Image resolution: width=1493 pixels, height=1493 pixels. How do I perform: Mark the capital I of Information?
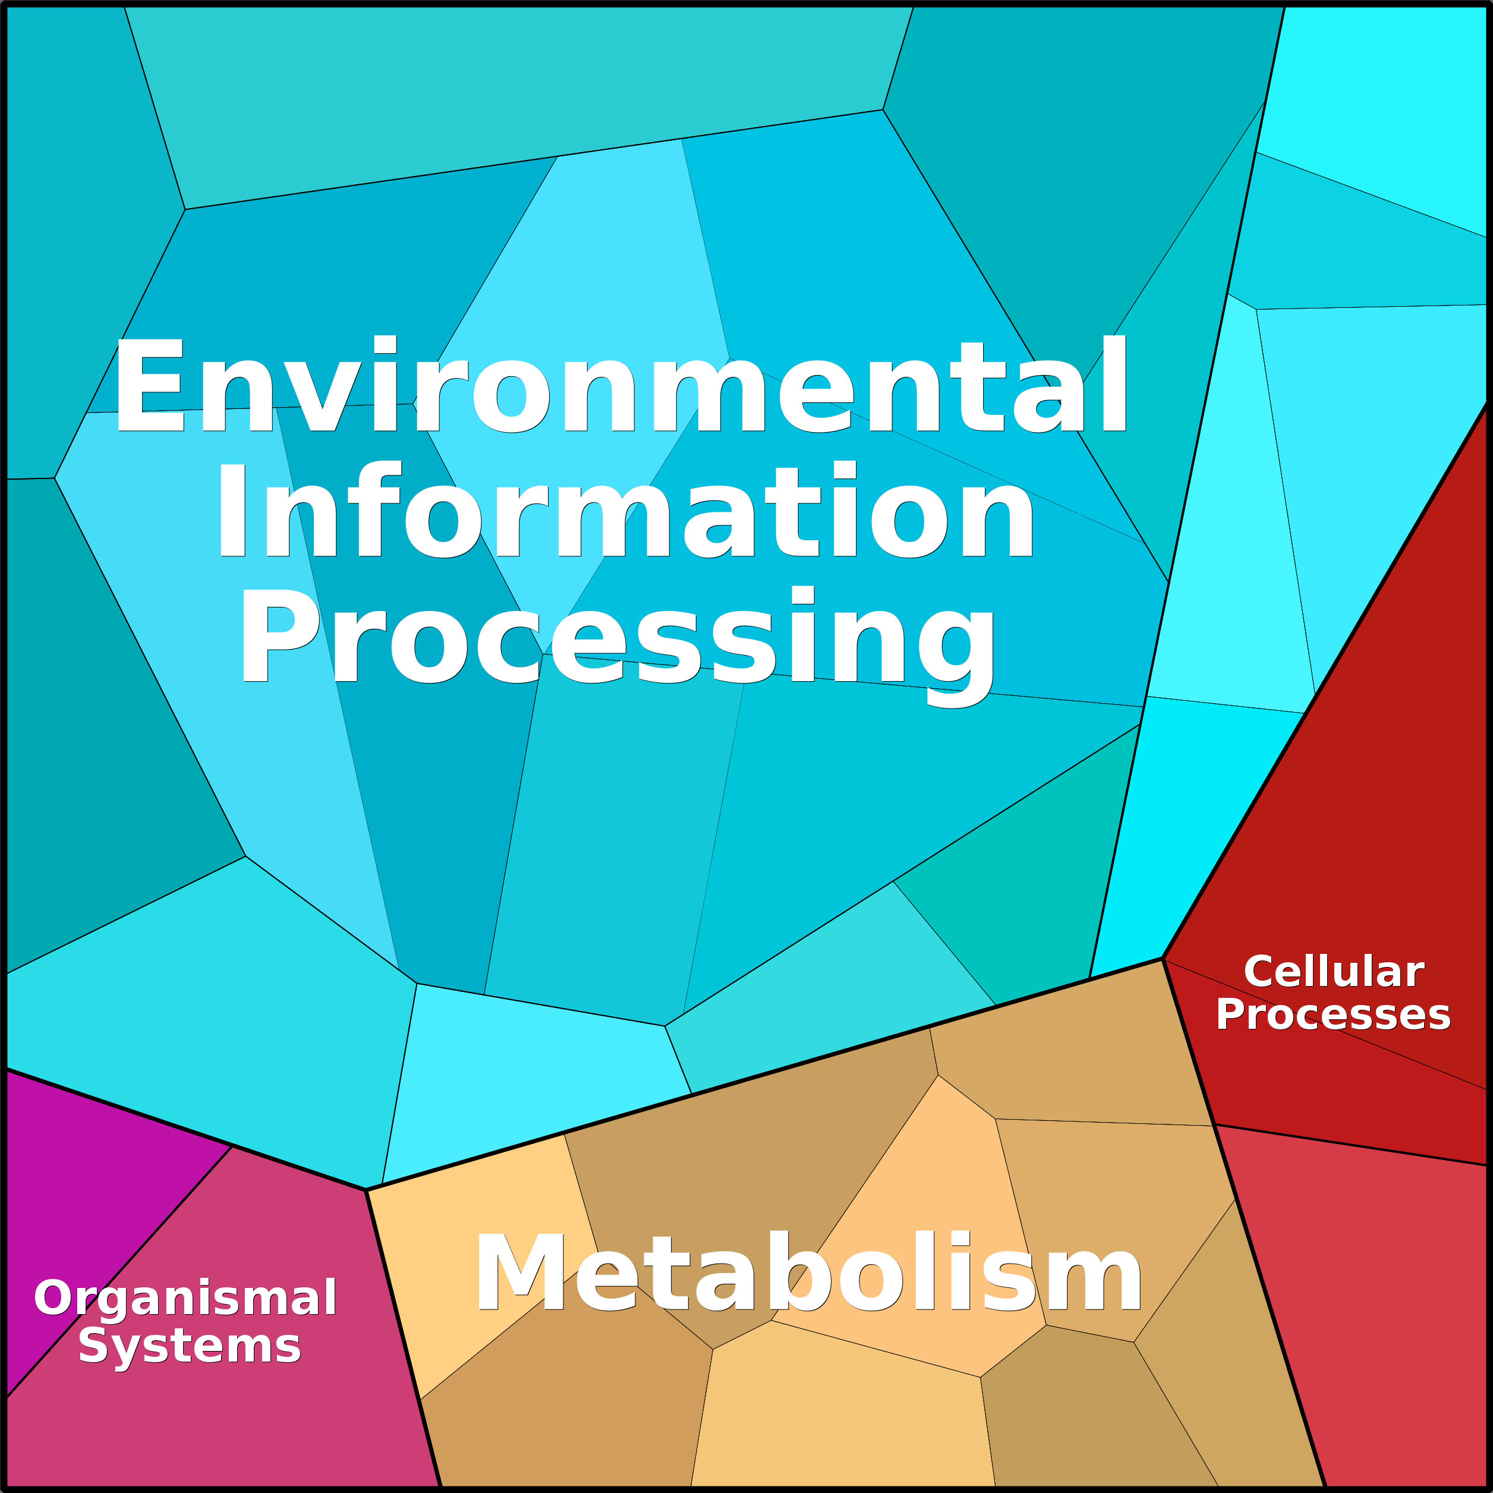coord(232,509)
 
